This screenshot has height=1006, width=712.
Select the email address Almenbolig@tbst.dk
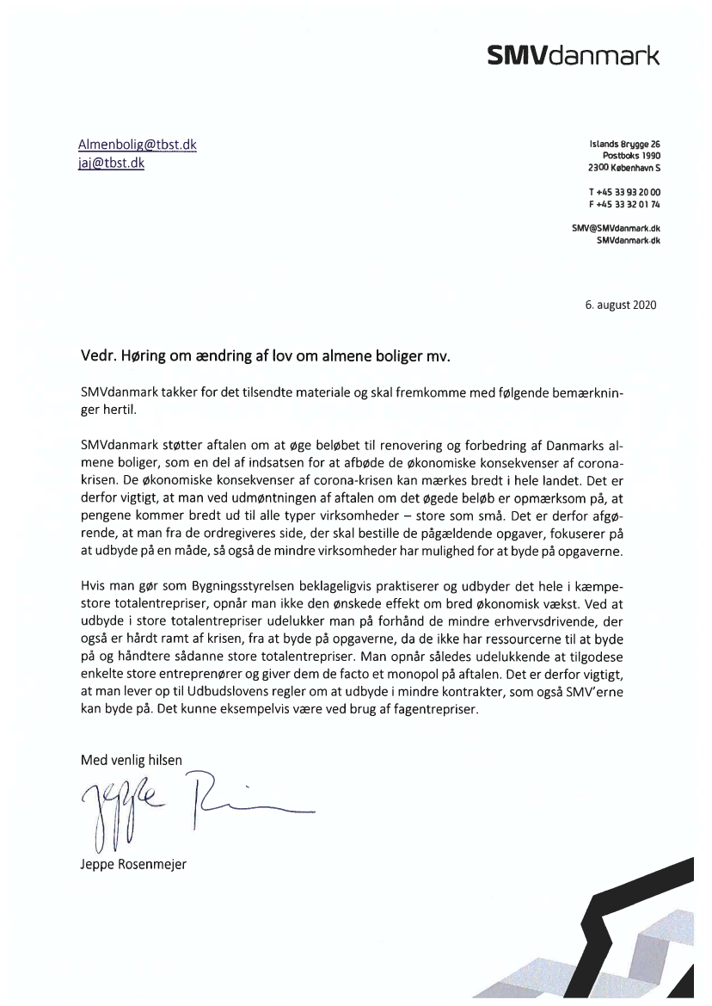click(138, 145)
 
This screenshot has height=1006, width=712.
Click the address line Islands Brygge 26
click(624, 144)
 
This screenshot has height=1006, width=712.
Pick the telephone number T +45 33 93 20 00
click(624, 192)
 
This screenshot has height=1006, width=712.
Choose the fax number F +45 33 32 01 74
click(624, 204)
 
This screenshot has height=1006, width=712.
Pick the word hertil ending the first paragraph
click(116, 411)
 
